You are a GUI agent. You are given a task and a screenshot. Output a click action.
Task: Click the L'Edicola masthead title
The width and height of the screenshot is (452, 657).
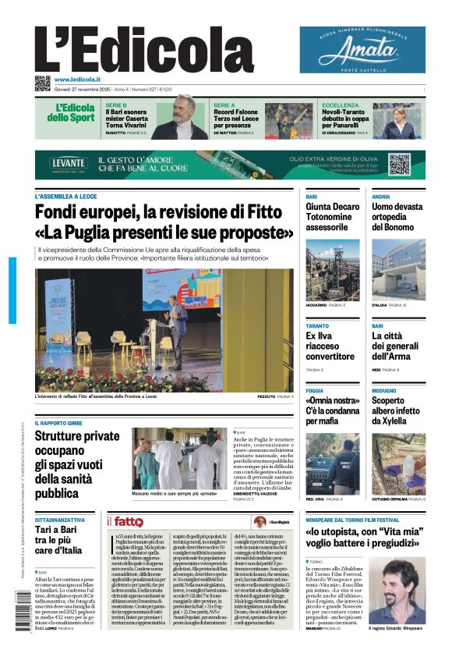pos(144,48)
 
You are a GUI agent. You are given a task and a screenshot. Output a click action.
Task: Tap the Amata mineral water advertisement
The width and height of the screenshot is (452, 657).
pos(362,50)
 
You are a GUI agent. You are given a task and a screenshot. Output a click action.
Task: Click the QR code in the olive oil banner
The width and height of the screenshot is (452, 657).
pos(399,164)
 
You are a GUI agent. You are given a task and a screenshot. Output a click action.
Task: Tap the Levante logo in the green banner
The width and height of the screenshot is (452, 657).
pos(69,163)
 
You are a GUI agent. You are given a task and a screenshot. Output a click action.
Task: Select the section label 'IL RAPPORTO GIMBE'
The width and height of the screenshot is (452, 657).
pos(58,423)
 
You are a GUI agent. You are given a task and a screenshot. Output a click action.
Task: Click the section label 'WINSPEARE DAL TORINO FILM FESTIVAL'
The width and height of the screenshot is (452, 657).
pos(352,520)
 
